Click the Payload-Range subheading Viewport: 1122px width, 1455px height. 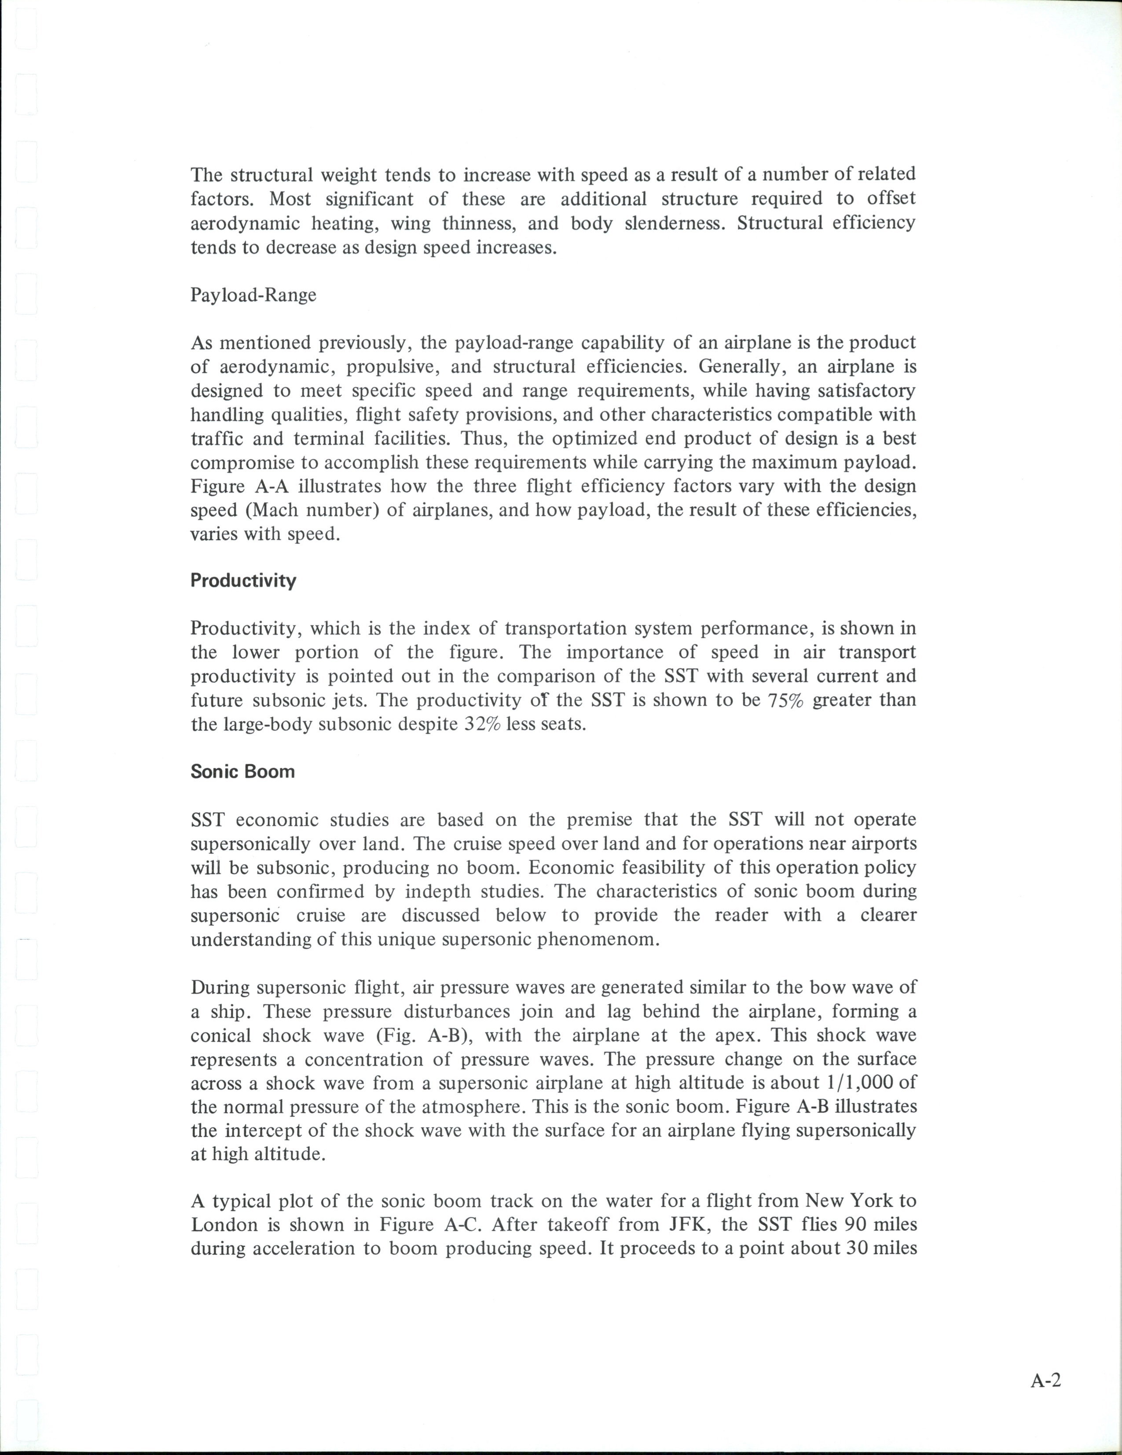253,295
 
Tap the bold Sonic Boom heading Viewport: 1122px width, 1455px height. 242,771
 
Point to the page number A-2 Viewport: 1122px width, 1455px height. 1045,1381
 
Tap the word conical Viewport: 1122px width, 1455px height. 220,1035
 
